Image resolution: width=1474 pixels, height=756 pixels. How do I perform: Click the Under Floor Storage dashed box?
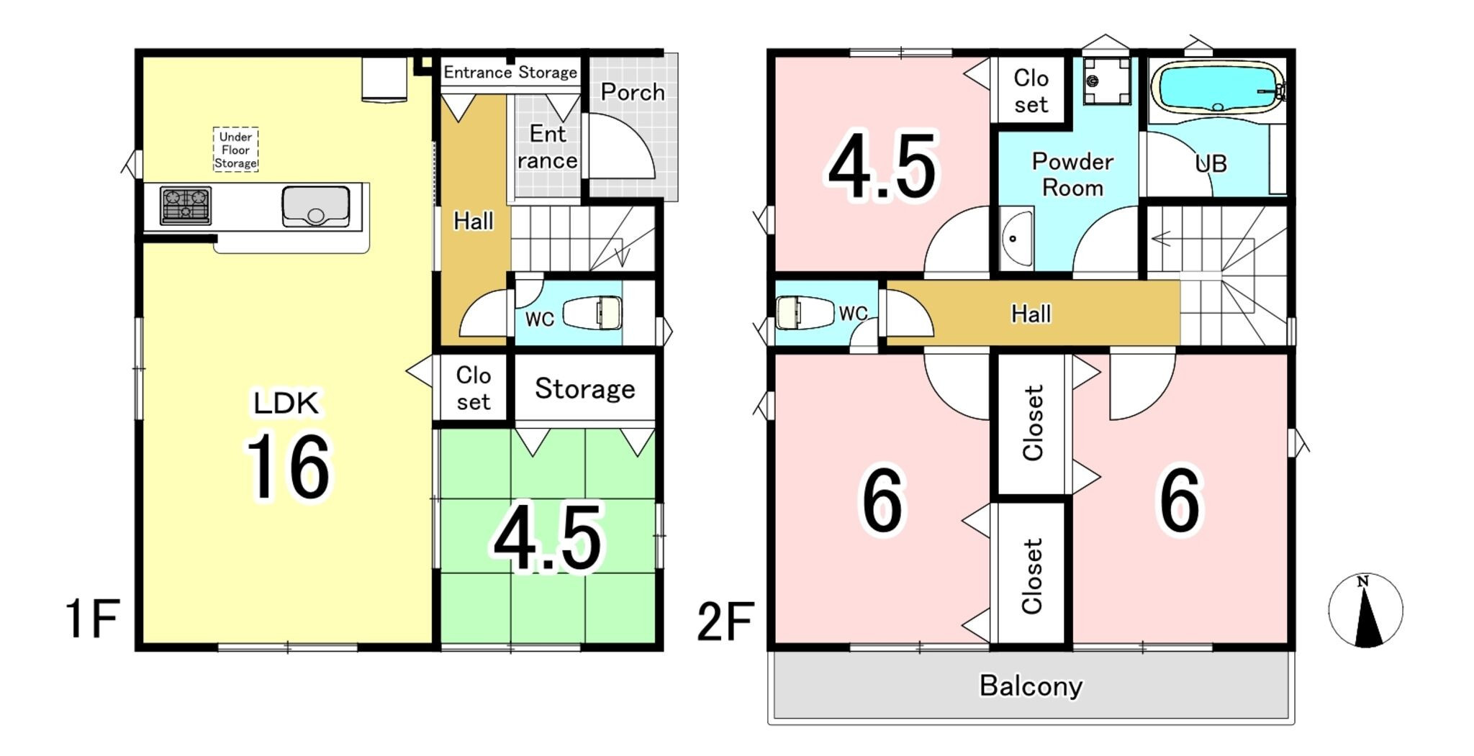(235, 150)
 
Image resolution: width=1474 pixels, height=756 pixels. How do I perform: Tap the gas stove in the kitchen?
(186, 205)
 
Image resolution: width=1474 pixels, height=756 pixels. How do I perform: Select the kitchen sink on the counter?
(316, 206)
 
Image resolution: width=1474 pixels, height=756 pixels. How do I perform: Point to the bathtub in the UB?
(1217, 88)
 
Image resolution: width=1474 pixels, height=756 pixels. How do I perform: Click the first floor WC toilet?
(592, 314)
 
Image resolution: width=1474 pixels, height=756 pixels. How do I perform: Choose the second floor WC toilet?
(805, 313)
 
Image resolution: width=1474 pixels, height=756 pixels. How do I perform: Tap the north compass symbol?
(1365, 610)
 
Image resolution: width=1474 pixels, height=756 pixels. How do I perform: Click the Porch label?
(633, 92)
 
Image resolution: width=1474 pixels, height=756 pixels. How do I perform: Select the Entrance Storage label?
(510, 72)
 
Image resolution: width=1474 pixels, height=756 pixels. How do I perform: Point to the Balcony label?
(1031, 686)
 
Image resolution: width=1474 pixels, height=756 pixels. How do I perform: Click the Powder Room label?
(1072, 174)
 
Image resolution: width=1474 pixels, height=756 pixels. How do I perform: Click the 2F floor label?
(725, 621)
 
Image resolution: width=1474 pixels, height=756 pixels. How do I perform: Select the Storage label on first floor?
(584, 389)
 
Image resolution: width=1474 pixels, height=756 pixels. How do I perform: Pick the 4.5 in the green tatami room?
(548, 537)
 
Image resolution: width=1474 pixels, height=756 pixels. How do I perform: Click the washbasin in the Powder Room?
(1016, 238)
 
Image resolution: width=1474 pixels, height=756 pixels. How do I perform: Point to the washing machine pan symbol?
(1107, 81)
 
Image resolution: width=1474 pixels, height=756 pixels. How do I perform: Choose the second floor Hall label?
(1031, 314)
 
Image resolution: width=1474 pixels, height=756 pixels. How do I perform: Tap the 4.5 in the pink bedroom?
(882, 165)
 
